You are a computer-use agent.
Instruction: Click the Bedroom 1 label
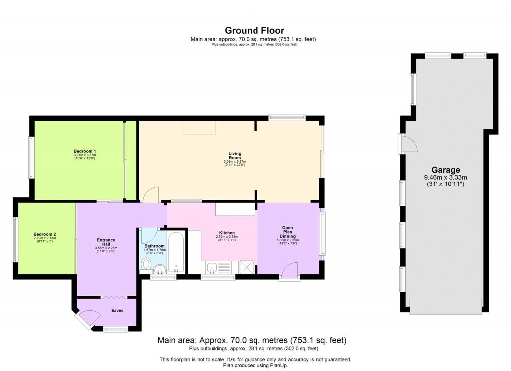click(x=85, y=151)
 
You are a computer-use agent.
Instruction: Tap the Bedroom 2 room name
click(x=45, y=234)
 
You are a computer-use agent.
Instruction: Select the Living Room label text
click(x=235, y=156)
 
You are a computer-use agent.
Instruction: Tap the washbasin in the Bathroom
click(x=161, y=269)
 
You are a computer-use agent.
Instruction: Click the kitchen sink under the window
click(x=212, y=268)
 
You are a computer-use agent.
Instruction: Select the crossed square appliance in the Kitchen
click(x=247, y=267)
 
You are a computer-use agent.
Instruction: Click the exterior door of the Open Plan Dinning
click(x=289, y=272)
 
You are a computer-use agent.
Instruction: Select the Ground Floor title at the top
click(x=255, y=31)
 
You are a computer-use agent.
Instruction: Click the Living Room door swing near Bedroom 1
click(x=151, y=195)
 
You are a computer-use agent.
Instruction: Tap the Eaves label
click(x=117, y=310)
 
